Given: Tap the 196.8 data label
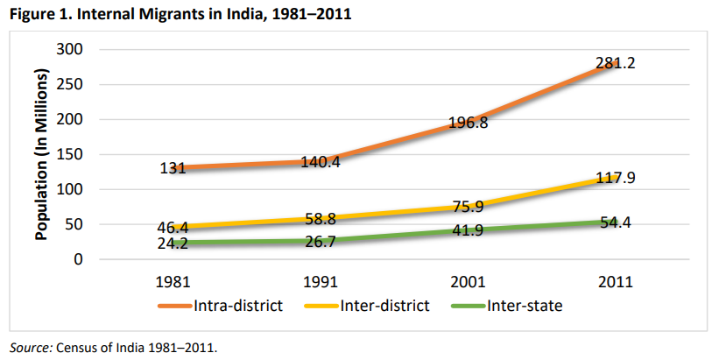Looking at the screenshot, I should pyautogui.click(x=469, y=124).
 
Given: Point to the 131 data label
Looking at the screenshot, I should pyautogui.click(x=173, y=168).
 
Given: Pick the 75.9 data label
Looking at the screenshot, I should pyautogui.click(x=469, y=208).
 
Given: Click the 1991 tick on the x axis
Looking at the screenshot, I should pyautogui.click(x=322, y=283).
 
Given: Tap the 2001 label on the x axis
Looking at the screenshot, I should pyautogui.click(x=469, y=283).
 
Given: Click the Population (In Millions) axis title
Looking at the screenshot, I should pyautogui.click(x=41, y=155).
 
